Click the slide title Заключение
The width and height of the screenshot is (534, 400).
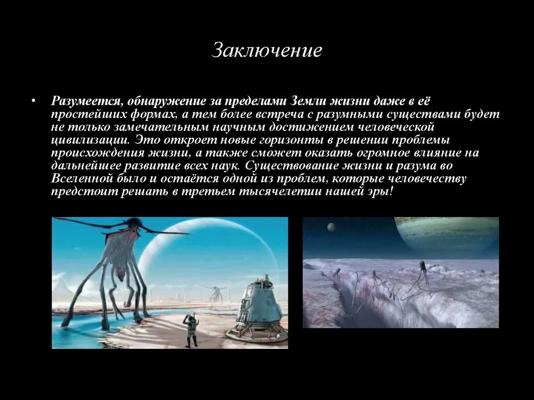(266, 51)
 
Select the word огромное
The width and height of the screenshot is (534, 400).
(394, 153)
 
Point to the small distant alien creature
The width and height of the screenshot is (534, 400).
(215, 293)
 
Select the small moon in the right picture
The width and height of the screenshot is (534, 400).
(331, 227)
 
